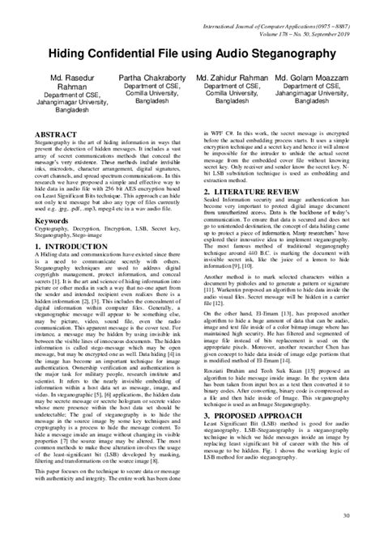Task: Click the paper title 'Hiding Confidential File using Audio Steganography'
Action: (x=191, y=53)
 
